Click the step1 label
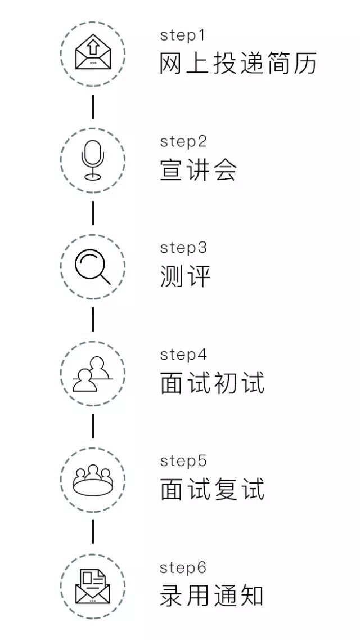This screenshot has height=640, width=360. point(183,35)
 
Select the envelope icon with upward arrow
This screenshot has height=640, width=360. point(93,54)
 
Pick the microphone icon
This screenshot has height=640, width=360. point(93,160)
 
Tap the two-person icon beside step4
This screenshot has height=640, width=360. point(93,374)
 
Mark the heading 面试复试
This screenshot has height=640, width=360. point(212,490)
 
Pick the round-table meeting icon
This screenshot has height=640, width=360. point(93,480)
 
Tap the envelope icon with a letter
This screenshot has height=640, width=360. point(93,587)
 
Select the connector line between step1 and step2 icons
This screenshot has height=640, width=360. point(93,107)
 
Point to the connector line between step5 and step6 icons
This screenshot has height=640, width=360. point(93,533)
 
